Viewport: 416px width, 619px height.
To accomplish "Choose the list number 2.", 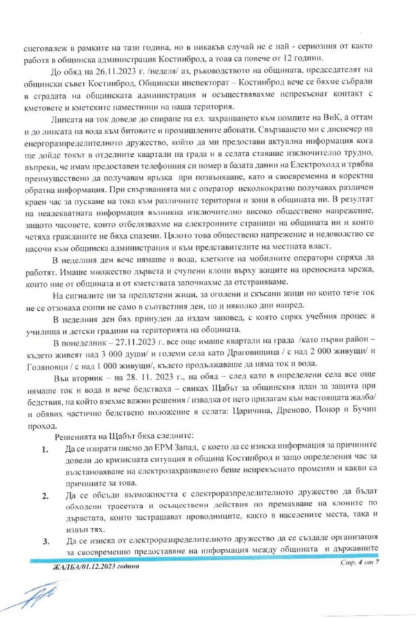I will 44,499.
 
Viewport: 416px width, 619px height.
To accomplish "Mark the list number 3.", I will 44,538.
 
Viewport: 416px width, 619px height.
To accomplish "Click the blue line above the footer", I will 208,558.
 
